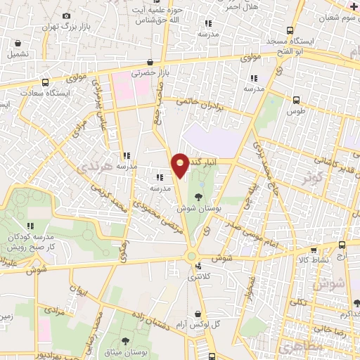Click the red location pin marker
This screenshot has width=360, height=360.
pos(181,165)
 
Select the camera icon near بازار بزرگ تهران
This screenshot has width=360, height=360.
pos(66,15)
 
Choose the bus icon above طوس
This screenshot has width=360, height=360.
pos(296,100)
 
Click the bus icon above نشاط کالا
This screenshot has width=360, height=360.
pos(342,245)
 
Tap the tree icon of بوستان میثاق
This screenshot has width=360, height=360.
pos(125,341)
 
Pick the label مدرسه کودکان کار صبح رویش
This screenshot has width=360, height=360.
pos(31,242)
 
